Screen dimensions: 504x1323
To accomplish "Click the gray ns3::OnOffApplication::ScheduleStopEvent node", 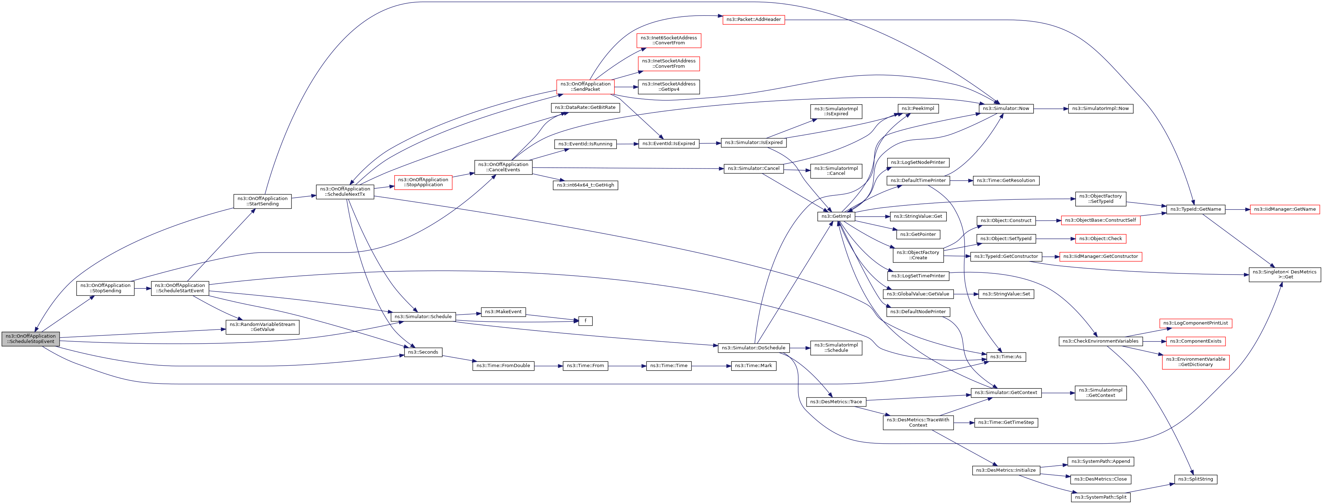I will pos(31,339).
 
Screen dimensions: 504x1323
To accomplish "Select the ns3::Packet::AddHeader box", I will pos(754,20).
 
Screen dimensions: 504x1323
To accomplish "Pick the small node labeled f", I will pos(585,321).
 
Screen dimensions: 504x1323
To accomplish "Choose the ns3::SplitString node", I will pos(1195,479).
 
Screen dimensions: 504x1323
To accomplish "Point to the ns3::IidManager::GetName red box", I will pos(1284,209).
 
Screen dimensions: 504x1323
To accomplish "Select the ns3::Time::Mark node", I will pos(753,366).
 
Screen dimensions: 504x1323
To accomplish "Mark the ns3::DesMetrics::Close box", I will pos(1100,479).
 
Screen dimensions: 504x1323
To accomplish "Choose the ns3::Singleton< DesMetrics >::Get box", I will pos(1284,275).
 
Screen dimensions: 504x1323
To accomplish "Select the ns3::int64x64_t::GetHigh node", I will pos(585,185).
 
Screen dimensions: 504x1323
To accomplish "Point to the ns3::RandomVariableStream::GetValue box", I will pos(262,327).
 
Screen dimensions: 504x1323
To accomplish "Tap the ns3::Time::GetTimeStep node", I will pos(1006,422).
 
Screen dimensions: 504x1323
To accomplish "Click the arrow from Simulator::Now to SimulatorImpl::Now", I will pos(1051,109).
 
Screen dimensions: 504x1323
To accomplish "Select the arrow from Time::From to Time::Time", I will pos(627,366).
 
